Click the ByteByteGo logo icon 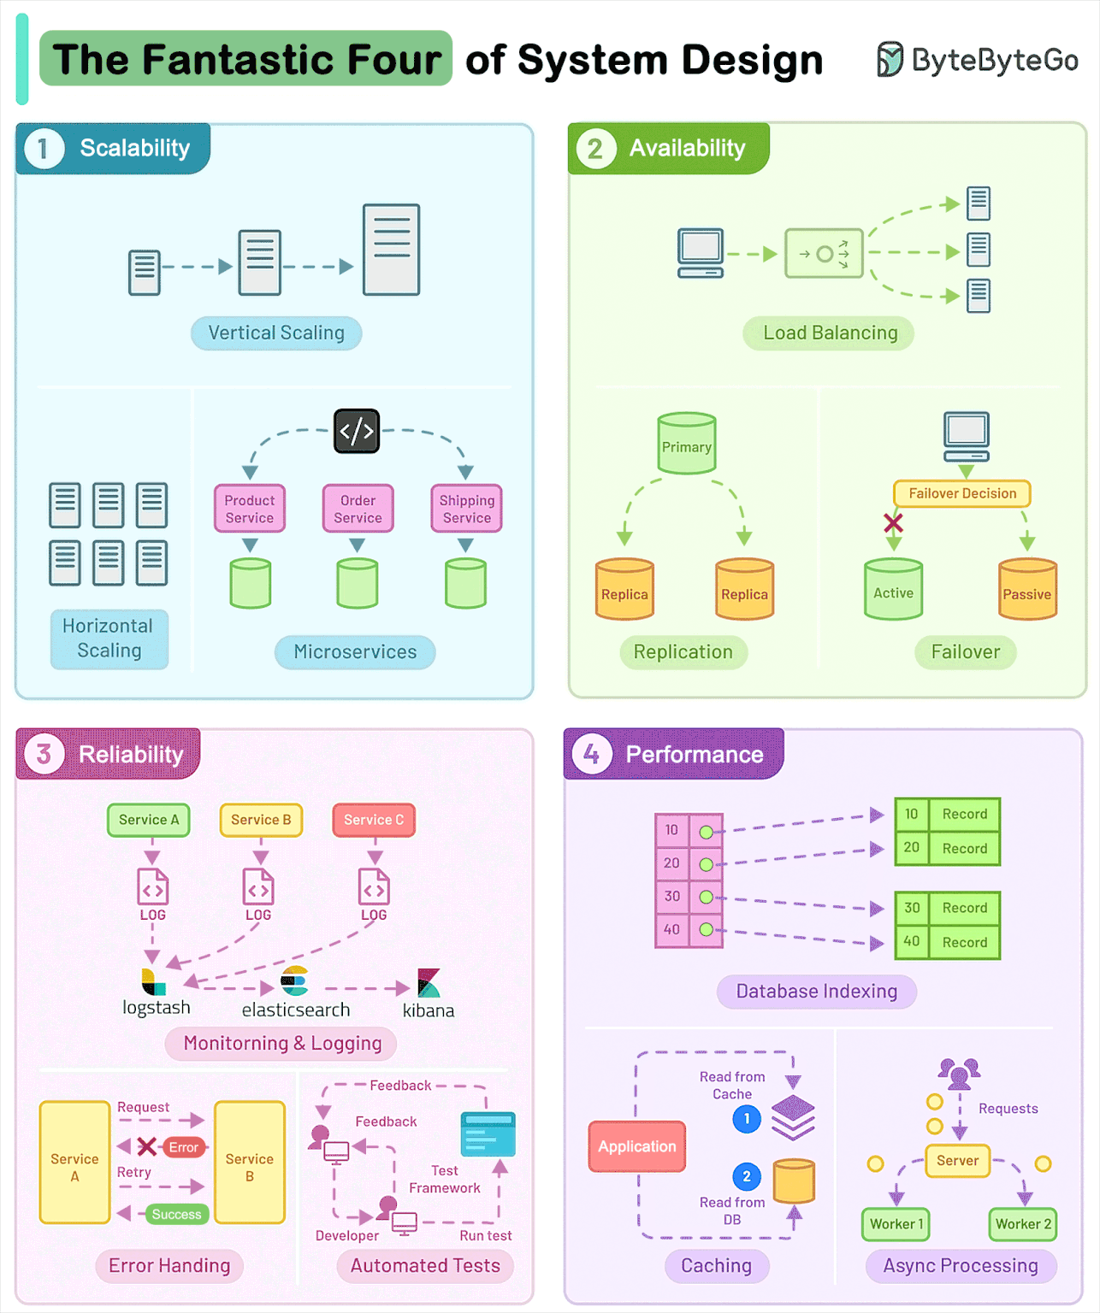[890, 59]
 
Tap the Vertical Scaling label [276, 333]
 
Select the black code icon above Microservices [357, 430]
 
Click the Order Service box [358, 509]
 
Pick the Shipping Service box [466, 509]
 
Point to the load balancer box [824, 254]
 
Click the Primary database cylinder [686, 444]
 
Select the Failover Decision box [962, 493]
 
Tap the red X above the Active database [893, 522]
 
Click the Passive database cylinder [1027, 590]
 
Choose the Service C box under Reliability [374, 820]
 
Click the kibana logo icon [429, 983]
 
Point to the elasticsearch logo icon [294, 981]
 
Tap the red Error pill [183, 1147]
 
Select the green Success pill [176, 1214]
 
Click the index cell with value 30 [672, 897]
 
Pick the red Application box [637, 1146]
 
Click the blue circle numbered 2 [747, 1176]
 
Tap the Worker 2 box [1023, 1224]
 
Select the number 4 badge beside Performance [591, 754]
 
